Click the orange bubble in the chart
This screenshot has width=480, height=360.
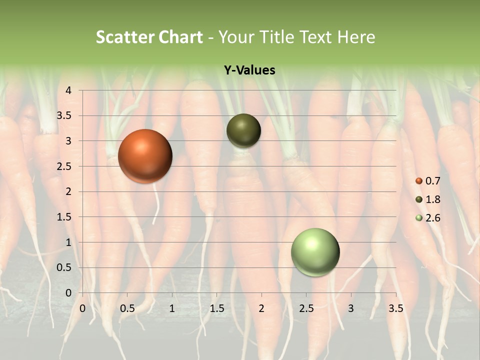click(145, 156)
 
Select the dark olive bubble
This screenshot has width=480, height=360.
click(243, 130)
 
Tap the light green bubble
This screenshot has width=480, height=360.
click(315, 252)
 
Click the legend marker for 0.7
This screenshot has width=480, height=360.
click(419, 181)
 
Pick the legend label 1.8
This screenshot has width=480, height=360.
click(432, 199)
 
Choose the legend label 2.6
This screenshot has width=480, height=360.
click(432, 218)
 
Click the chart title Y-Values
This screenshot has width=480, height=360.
click(249, 70)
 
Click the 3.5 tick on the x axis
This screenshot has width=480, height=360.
click(395, 308)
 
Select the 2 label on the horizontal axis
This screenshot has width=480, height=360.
click(261, 308)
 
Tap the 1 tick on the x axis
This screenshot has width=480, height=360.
click(172, 308)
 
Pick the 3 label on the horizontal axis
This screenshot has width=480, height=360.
click(351, 308)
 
